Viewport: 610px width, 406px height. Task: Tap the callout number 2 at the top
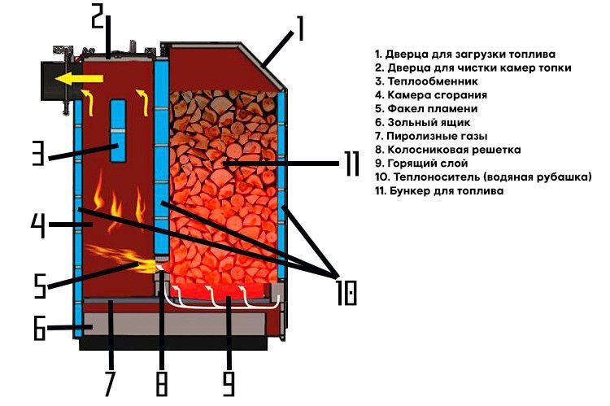tap(98, 16)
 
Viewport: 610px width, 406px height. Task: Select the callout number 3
tap(38, 153)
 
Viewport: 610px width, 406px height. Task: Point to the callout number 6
tap(39, 328)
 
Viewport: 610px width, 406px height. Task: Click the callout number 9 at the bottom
tap(229, 383)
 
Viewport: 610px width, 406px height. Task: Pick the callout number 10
tap(346, 293)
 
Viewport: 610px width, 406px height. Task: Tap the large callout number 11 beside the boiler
tap(352, 164)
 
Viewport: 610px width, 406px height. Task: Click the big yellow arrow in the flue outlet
tap(79, 79)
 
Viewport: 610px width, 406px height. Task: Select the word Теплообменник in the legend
tap(433, 81)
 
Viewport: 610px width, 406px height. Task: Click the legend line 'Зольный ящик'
tap(429, 122)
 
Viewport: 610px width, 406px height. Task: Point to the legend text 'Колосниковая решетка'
tap(454, 150)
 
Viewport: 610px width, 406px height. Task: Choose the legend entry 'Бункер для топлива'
tap(447, 190)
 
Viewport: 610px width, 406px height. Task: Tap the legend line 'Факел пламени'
tap(432, 108)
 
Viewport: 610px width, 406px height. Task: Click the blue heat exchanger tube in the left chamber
tap(118, 131)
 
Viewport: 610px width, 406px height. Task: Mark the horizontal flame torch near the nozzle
tap(124, 259)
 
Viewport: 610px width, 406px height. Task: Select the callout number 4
tap(38, 225)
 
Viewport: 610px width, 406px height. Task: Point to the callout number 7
tap(109, 383)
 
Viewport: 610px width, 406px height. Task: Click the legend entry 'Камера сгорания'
tap(438, 95)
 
